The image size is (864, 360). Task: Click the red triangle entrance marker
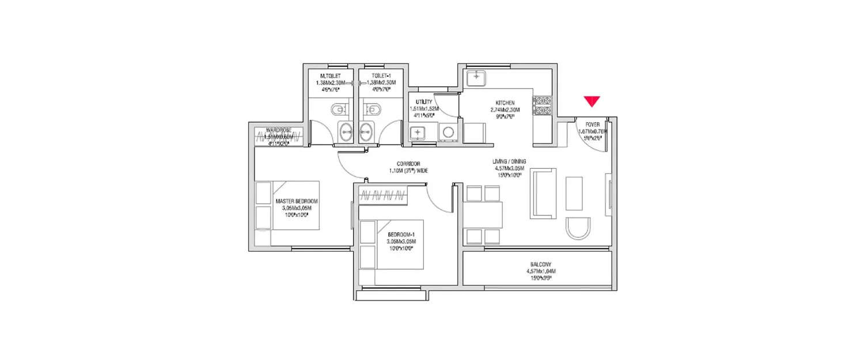point(592,101)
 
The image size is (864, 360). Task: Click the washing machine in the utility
point(447,134)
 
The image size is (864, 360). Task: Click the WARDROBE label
point(279,130)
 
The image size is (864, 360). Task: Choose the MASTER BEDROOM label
point(297,201)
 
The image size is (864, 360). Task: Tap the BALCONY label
point(539,264)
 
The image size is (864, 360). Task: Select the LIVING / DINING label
point(509,161)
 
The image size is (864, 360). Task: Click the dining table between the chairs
point(484,214)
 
